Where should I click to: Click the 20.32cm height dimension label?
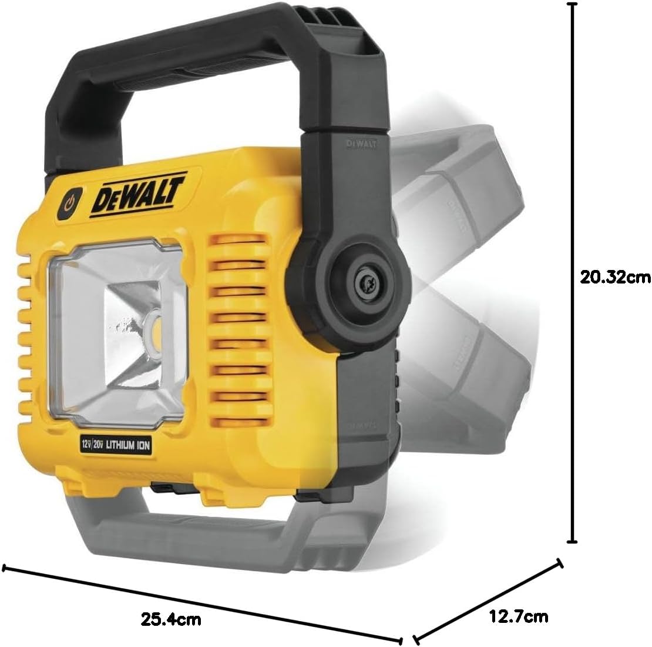(x=614, y=276)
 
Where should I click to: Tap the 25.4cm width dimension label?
(x=171, y=619)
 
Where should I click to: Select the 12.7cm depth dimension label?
(x=518, y=616)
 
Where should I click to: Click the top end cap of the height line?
(x=572, y=4)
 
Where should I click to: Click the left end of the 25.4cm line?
(x=5, y=568)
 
